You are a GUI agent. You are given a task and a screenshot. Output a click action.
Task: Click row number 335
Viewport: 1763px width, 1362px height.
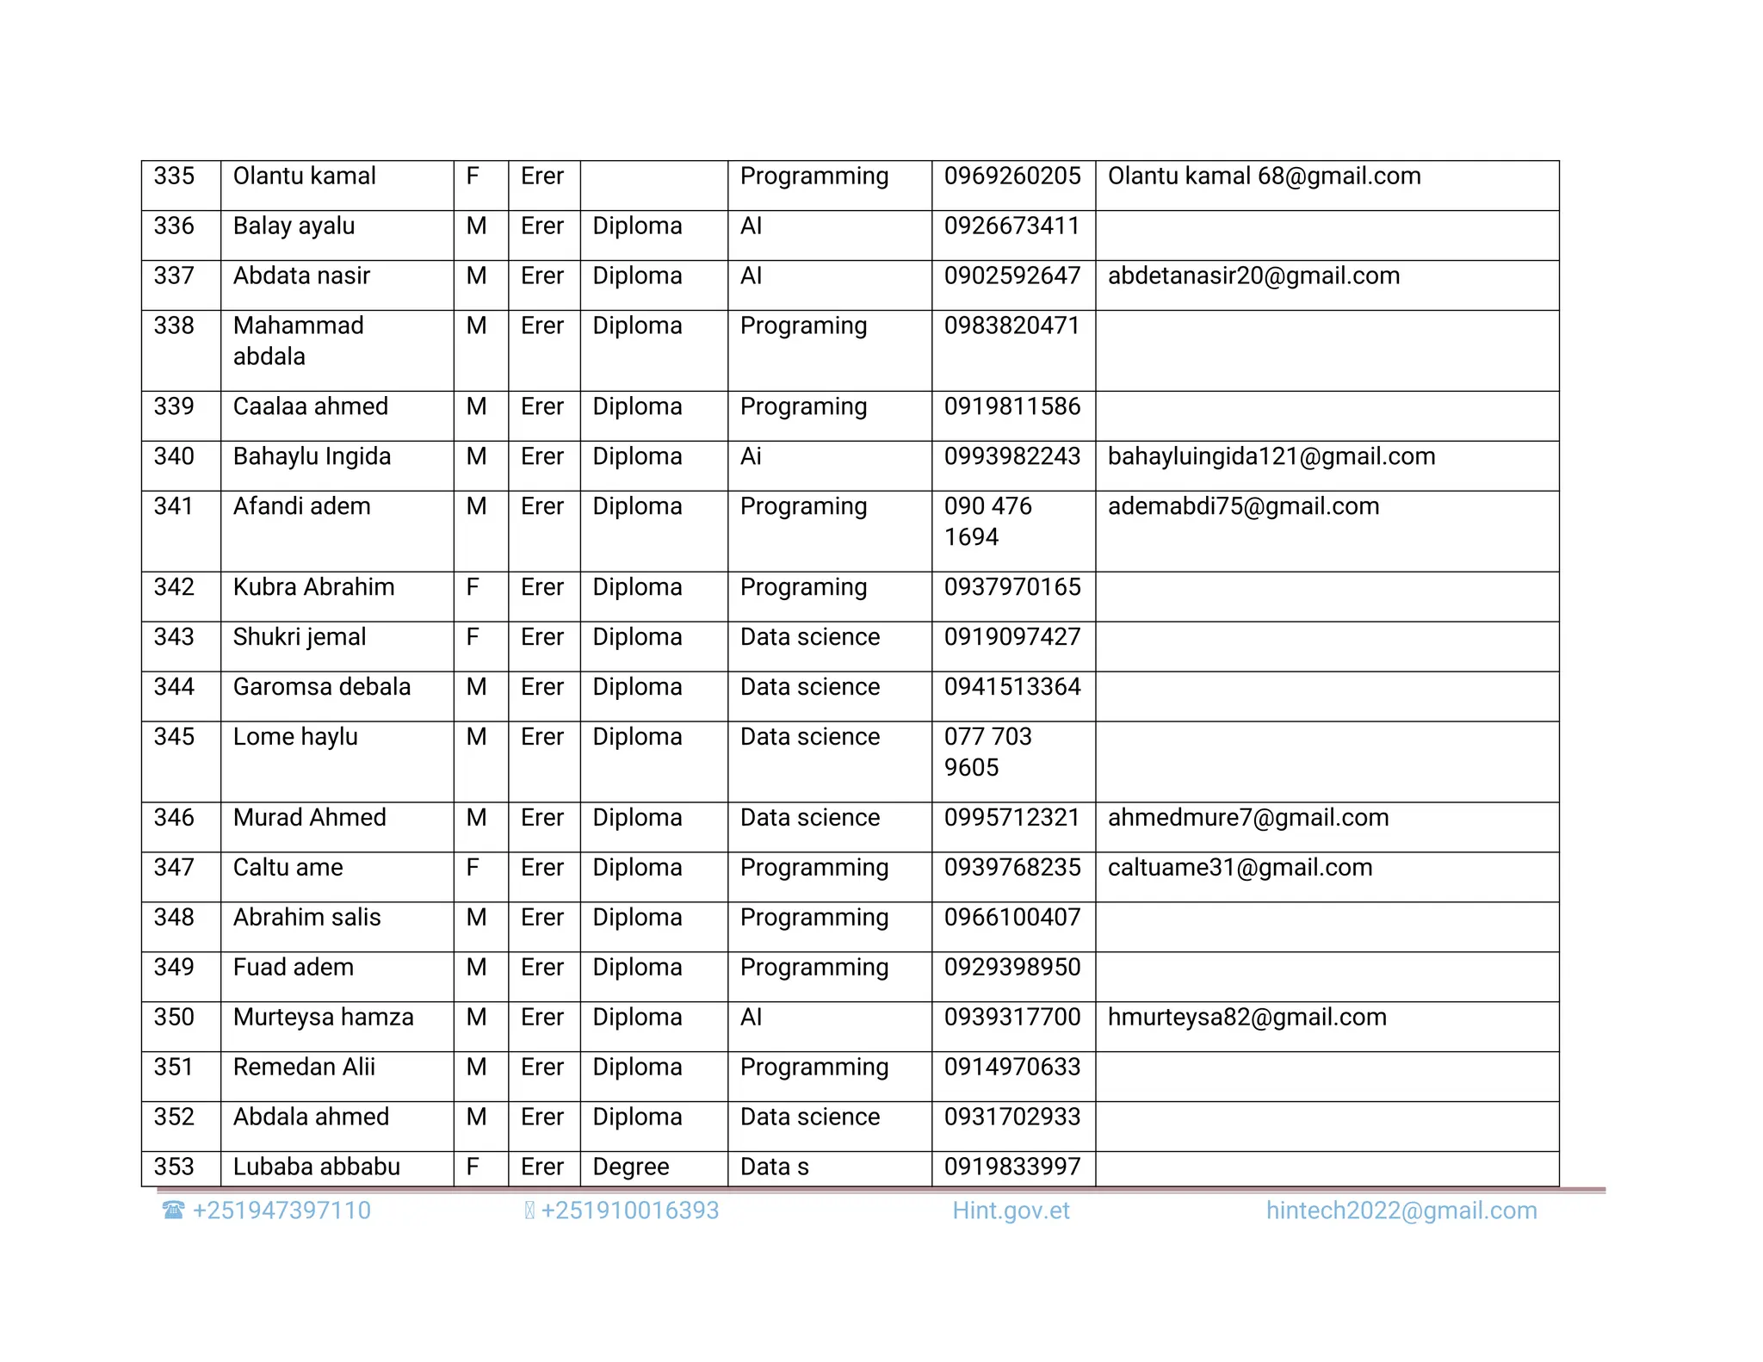(174, 176)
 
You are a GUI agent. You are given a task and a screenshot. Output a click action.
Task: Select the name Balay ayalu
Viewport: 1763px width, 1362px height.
(294, 226)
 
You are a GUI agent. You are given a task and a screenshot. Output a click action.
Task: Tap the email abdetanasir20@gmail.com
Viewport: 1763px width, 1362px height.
(1253, 276)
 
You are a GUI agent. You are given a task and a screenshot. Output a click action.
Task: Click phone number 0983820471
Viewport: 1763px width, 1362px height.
(1011, 326)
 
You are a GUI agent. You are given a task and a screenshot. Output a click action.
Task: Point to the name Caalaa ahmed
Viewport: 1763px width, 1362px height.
(310, 407)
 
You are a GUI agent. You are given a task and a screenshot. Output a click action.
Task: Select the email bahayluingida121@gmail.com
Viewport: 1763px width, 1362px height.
(1271, 457)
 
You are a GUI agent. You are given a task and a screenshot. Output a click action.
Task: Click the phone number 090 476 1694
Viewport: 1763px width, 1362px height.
(987, 522)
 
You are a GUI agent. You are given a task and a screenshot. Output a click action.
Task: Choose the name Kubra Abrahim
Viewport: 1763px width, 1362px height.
(313, 588)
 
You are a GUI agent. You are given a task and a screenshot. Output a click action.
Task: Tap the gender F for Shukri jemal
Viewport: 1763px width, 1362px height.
(473, 638)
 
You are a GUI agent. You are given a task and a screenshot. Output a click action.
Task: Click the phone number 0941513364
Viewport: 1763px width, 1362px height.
(1011, 688)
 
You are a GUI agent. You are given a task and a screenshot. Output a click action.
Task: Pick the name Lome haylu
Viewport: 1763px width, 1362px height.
(295, 738)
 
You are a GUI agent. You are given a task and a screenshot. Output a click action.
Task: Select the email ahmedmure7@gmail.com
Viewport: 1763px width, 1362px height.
(1247, 819)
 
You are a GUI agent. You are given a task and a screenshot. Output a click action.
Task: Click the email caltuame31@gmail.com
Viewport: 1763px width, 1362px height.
(1240, 869)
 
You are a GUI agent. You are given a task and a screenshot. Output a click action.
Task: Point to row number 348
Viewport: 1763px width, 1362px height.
(174, 919)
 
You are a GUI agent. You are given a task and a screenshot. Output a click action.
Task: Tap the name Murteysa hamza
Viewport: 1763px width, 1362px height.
(323, 1018)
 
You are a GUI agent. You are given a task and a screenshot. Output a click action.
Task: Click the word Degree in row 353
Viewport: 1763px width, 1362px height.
(630, 1167)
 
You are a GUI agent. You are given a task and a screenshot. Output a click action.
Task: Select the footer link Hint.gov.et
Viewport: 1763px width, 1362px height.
(1011, 1211)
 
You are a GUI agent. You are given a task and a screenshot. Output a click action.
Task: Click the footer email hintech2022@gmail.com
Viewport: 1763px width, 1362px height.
(1401, 1211)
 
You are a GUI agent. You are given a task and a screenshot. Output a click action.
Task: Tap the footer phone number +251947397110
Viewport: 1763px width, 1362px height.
(281, 1211)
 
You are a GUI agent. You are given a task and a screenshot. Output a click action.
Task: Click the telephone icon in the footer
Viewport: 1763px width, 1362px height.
(173, 1210)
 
